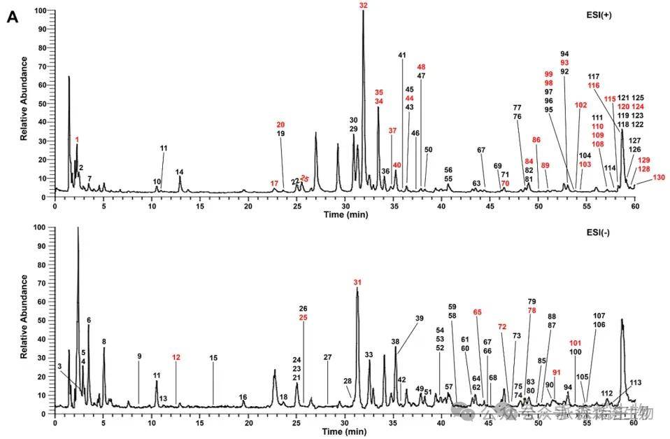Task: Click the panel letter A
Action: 12,18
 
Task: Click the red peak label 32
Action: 363,6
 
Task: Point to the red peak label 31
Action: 357,282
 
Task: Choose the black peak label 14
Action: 179,172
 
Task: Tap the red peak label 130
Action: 658,177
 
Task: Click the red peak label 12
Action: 176,357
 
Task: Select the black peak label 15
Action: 213,358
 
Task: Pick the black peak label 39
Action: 420,319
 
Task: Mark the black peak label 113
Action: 636,382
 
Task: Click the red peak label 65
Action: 478,312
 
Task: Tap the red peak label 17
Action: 274,183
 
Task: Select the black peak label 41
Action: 402,55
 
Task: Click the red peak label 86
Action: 536,140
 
